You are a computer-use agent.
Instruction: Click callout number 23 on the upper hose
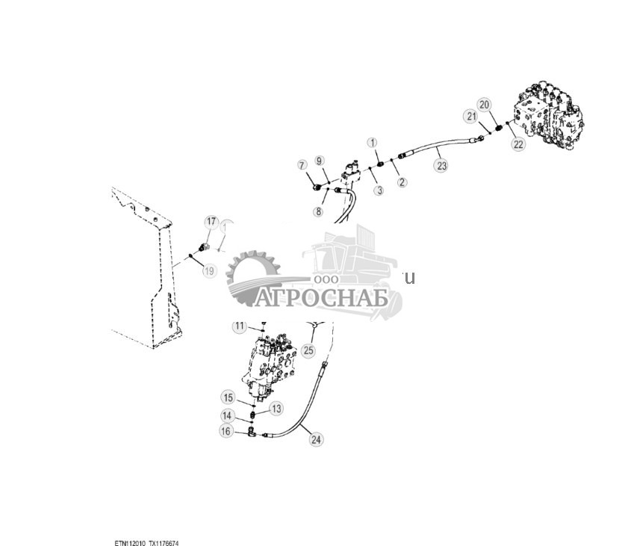(441, 166)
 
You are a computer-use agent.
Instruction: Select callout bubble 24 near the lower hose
(316, 440)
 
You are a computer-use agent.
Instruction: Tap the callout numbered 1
(373, 142)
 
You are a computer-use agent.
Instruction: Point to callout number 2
(402, 182)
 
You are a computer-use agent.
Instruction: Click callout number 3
(379, 190)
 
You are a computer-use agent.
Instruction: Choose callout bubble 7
(302, 164)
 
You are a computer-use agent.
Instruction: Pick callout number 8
(318, 212)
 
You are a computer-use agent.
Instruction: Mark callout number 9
(319, 161)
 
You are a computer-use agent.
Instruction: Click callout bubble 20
(484, 105)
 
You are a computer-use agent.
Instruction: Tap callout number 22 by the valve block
(518, 144)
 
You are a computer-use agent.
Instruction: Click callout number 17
(211, 222)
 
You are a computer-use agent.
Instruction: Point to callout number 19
(209, 271)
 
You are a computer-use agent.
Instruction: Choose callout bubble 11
(239, 326)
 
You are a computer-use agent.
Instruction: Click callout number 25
(308, 350)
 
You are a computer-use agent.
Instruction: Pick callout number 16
(226, 430)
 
